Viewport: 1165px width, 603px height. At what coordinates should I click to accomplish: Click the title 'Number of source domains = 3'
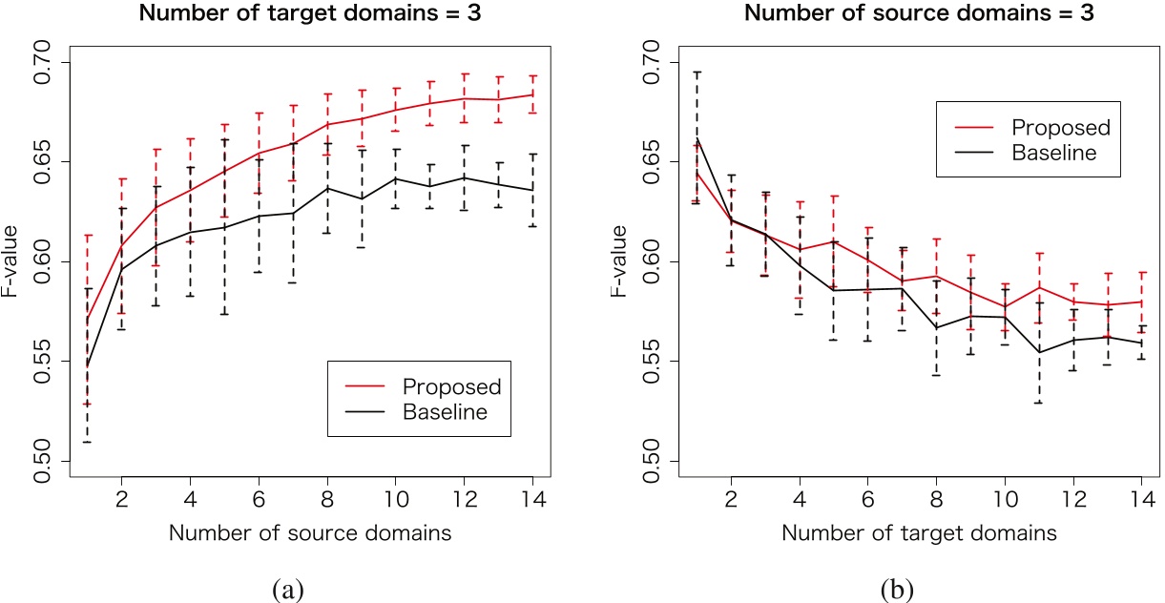919,14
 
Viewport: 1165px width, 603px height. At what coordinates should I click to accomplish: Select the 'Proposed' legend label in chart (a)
451,386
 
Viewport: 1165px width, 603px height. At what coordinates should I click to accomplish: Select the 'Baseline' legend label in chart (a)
445,412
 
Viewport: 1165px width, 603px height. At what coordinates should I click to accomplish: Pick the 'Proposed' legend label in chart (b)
1062,127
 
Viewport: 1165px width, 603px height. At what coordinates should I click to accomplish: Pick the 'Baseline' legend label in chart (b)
1055,153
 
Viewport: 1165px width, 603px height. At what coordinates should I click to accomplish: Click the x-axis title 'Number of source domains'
310,533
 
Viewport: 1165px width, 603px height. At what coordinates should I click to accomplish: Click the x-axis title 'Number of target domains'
919,533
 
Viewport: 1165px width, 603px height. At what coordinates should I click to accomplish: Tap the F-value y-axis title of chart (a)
16,261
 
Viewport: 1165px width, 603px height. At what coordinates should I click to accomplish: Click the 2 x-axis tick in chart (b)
731,498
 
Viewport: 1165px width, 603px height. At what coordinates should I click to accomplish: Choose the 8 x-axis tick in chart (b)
936,498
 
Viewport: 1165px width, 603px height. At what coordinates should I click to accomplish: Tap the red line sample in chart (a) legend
363,386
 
